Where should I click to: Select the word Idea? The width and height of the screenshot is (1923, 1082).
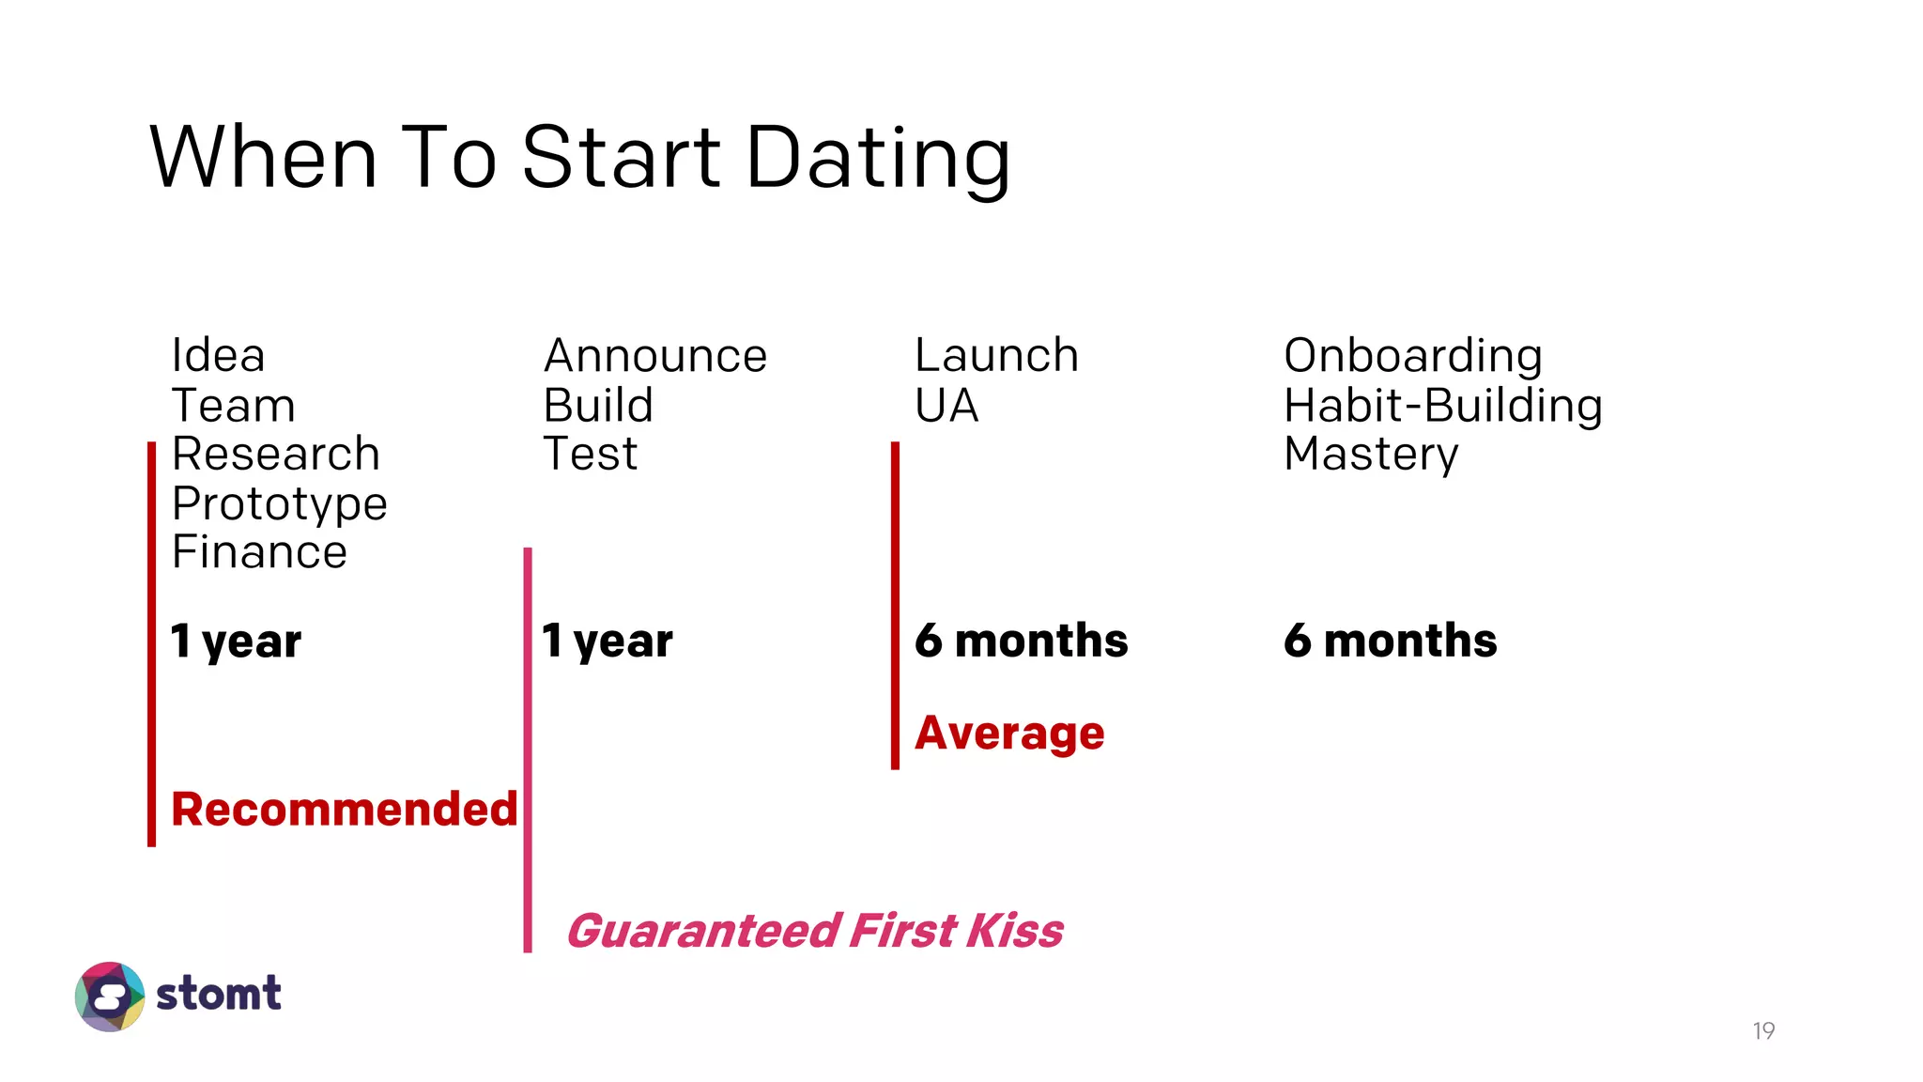pos(218,356)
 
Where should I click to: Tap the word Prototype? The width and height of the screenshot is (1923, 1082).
pos(279,503)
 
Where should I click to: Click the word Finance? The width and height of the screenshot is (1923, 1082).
pos(259,552)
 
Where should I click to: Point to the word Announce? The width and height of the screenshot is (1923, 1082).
pos(655,356)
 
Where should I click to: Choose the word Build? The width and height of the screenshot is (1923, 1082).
pos(598,406)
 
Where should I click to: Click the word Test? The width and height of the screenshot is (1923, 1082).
pos(591,455)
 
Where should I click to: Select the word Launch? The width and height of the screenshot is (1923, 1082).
pos(996,356)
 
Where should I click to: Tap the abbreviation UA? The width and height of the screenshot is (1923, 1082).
pos(946,406)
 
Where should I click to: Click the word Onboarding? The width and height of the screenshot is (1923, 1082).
pos(1413,356)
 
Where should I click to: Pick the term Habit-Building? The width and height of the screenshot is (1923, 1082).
pos(1443,406)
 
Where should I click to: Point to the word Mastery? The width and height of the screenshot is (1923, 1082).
pos(1371,455)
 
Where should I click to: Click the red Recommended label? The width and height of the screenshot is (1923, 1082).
pos(345,810)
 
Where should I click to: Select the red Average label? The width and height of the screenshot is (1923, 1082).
pos(1009,734)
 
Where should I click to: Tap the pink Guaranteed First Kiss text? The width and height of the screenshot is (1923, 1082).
pos(815,931)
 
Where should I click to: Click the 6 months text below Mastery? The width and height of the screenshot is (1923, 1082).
pos(1390,641)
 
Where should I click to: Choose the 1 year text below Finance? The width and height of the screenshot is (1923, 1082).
pos(236,641)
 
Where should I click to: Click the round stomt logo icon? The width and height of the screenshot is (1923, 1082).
pos(110,997)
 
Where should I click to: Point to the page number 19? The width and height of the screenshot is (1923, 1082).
pos(1763,1031)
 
